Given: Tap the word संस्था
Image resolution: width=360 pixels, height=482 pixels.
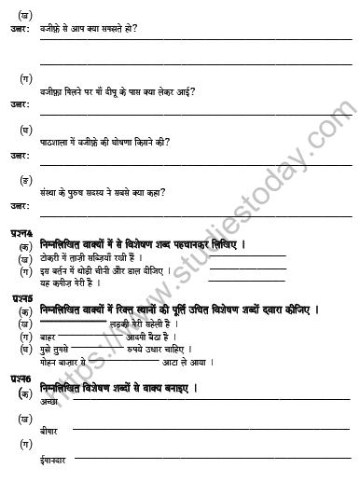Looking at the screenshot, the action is tap(52, 193).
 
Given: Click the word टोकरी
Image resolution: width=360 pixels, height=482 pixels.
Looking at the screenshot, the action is tap(53, 256).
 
